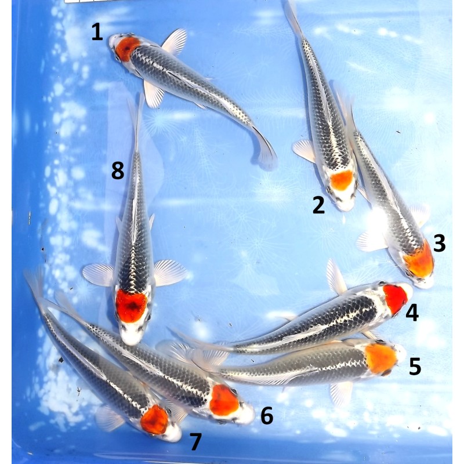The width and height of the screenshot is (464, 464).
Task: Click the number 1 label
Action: [97, 32]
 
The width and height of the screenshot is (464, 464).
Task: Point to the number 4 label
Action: [412, 313]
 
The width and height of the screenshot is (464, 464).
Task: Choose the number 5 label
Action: [415, 367]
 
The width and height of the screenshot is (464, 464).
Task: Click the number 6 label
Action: [267, 416]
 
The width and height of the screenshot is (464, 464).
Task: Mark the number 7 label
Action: [195, 442]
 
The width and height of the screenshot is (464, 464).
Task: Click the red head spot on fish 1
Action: [127, 49]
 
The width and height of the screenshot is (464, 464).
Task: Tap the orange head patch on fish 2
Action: [342, 180]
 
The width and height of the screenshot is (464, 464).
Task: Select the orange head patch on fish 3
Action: [419, 260]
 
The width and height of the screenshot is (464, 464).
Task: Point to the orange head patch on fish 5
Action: [381, 358]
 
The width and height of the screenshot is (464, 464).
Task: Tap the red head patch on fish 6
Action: [224, 400]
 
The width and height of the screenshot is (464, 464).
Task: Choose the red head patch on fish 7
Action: [154, 419]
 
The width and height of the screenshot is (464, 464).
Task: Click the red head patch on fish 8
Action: [132, 306]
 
